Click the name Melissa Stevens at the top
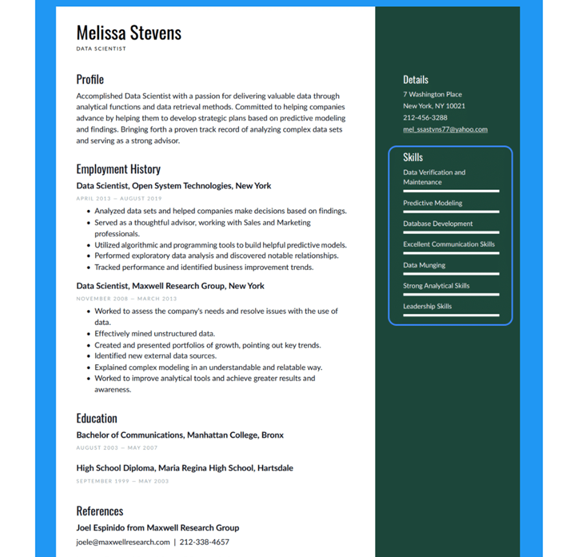click(129, 33)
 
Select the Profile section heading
click(90, 79)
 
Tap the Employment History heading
click(118, 169)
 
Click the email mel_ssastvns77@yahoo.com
click(445, 129)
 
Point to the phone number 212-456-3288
click(425, 118)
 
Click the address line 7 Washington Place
click(432, 94)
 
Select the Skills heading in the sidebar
click(412, 157)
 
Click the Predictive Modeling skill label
click(433, 203)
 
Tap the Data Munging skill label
click(424, 265)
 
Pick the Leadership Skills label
click(427, 306)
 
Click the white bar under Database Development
click(451, 233)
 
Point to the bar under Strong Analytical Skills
click(451, 295)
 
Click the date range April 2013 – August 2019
click(119, 198)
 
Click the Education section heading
click(96, 418)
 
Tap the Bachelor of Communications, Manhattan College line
click(180, 435)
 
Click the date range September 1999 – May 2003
click(122, 481)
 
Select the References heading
click(100, 511)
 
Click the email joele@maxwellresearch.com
click(123, 542)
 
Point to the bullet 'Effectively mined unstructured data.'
click(155, 334)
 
